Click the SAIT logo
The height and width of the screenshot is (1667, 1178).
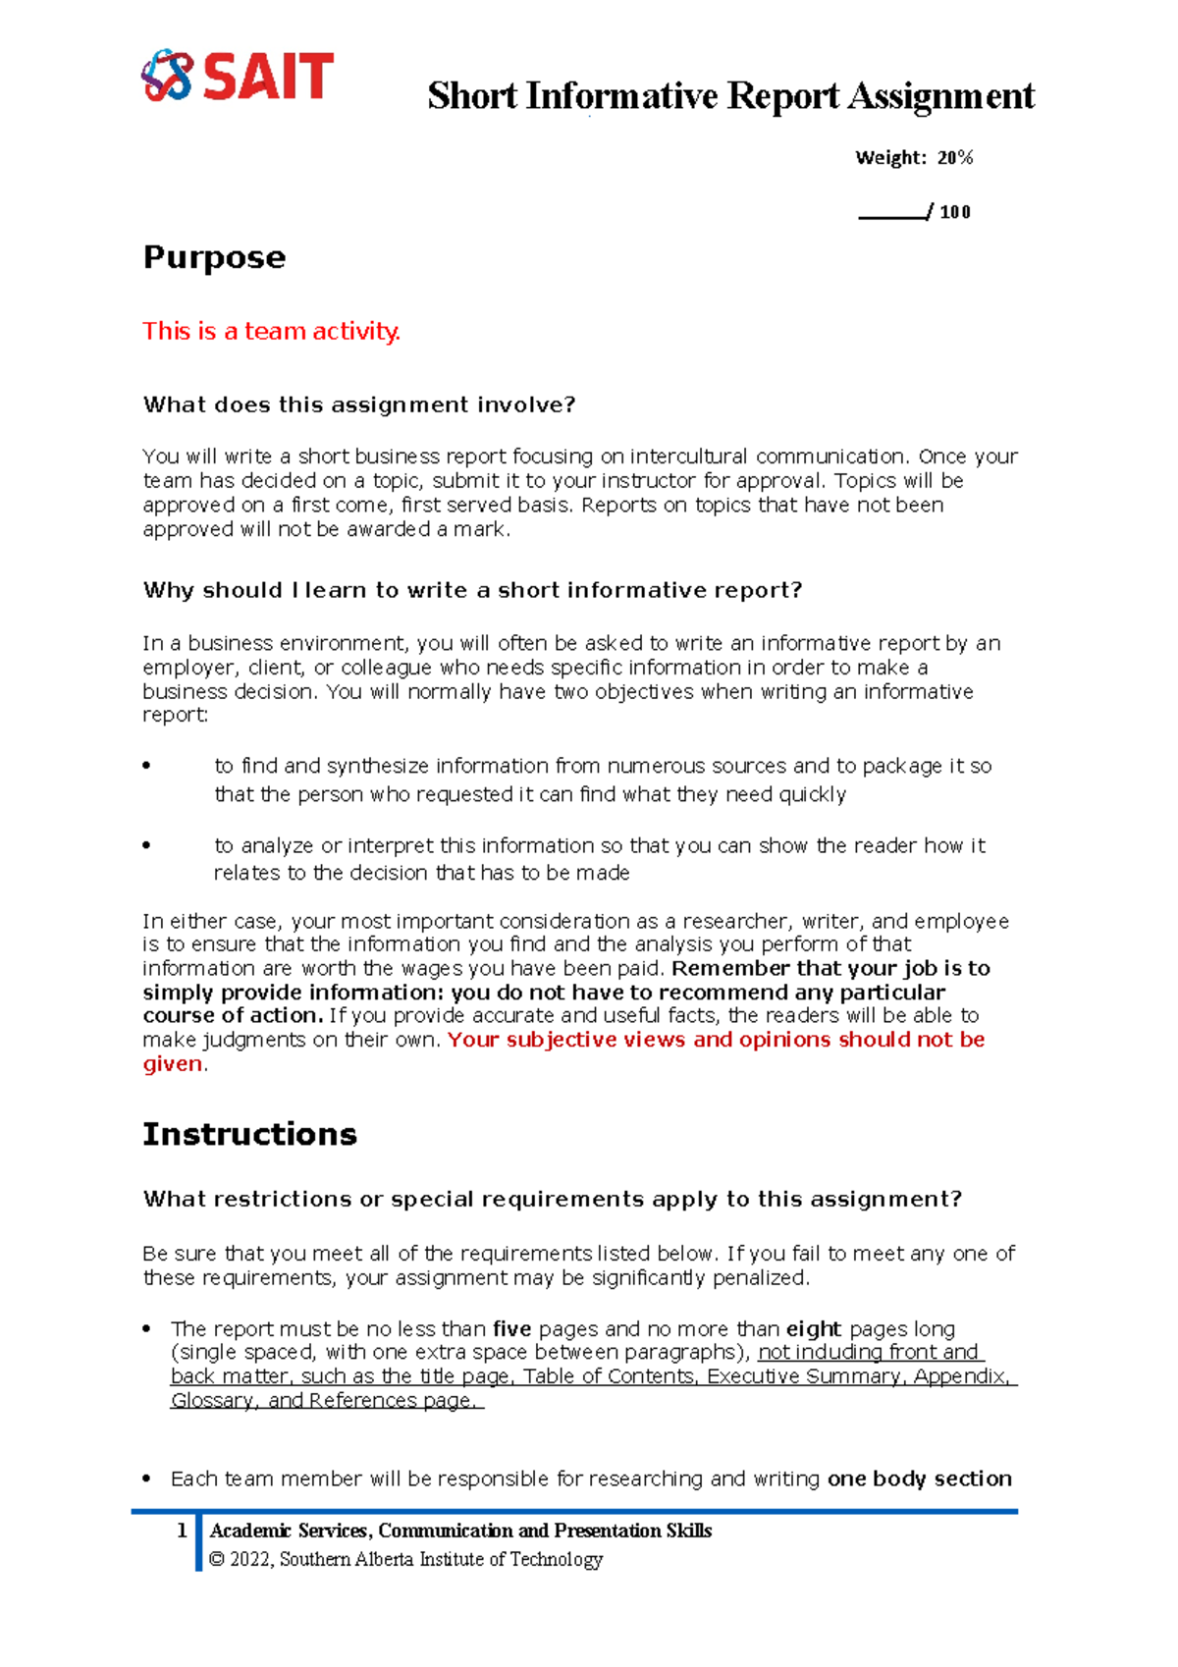click(x=238, y=76)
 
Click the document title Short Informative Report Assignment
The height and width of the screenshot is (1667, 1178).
click(x=730, y=96)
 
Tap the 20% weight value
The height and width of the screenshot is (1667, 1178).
click(x=954, y=158)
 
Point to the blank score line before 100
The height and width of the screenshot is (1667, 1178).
click(x=891, y=213)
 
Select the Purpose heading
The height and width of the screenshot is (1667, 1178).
click(x=214, y=257)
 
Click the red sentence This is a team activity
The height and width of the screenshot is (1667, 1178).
click(x=271, y=331)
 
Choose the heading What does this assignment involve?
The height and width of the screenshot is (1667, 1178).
click(x=358, y=404)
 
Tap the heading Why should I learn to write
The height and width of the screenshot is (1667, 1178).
click(x=472, y=590)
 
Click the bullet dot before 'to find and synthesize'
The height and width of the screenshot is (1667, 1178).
click(x=147, y=766)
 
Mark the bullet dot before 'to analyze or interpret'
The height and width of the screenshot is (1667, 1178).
click(x=147, y=845)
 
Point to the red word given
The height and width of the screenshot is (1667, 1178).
click(x=173, y=1064)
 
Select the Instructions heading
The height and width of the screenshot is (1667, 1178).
click(x=249, y=1134)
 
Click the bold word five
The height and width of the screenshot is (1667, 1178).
click(x=511, y=1329)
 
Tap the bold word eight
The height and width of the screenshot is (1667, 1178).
click(x=813, y=1329)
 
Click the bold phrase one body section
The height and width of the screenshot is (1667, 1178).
click(x=919, y=1479)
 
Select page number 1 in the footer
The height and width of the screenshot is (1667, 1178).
click(x=182, y=1531)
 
